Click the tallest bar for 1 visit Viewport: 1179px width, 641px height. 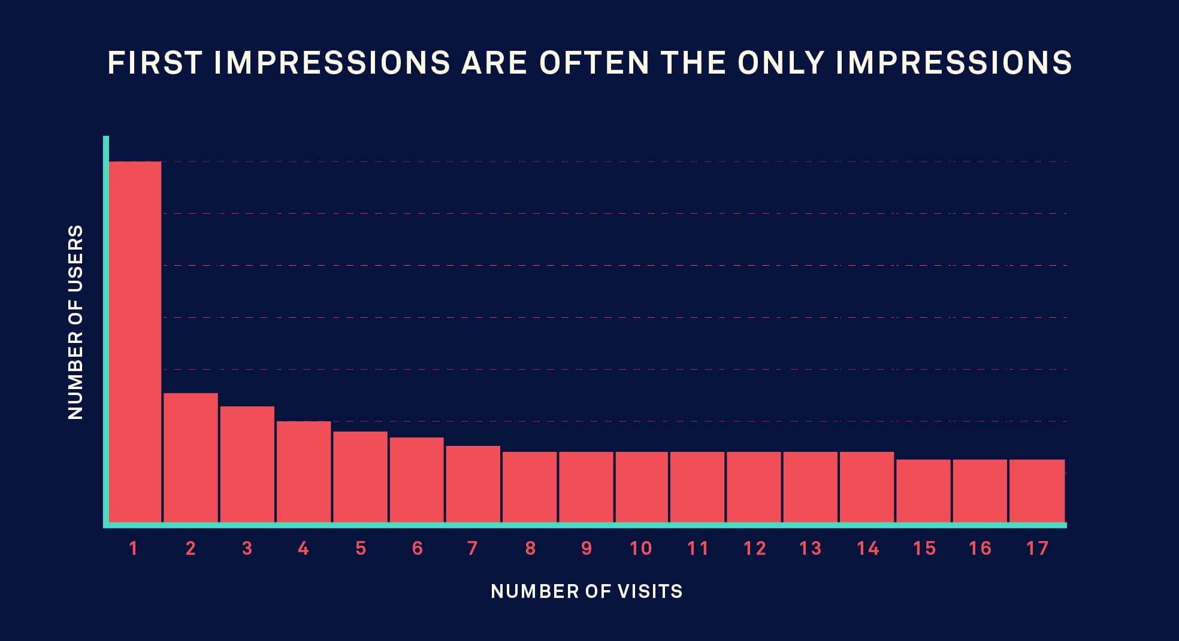click(135, 341)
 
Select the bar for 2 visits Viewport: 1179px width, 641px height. click(191, 458)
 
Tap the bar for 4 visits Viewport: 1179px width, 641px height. click(304, 472)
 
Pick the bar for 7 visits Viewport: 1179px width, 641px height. click(473, 484)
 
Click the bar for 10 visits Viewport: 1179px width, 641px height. click(641, 487)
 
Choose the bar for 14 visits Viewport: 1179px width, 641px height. click(867, 487)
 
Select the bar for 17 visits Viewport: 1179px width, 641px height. click(1037, 491)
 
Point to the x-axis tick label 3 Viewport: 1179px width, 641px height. click(247, 548)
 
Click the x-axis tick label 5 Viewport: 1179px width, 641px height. click(361, 548)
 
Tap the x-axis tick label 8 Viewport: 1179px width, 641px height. click(530, 548)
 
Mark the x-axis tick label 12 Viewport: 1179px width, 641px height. click(754, 548)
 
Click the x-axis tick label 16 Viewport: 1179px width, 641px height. click(980, 548)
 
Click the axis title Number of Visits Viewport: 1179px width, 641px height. click(587, 591)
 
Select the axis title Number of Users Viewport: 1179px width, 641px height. click(75, 322)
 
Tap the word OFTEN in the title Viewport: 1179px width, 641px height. click(594, 63)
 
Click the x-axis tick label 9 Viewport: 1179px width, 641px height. click(587, 548)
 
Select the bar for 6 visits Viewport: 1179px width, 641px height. click(416, 479)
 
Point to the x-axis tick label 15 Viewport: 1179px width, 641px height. click(924, 548)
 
